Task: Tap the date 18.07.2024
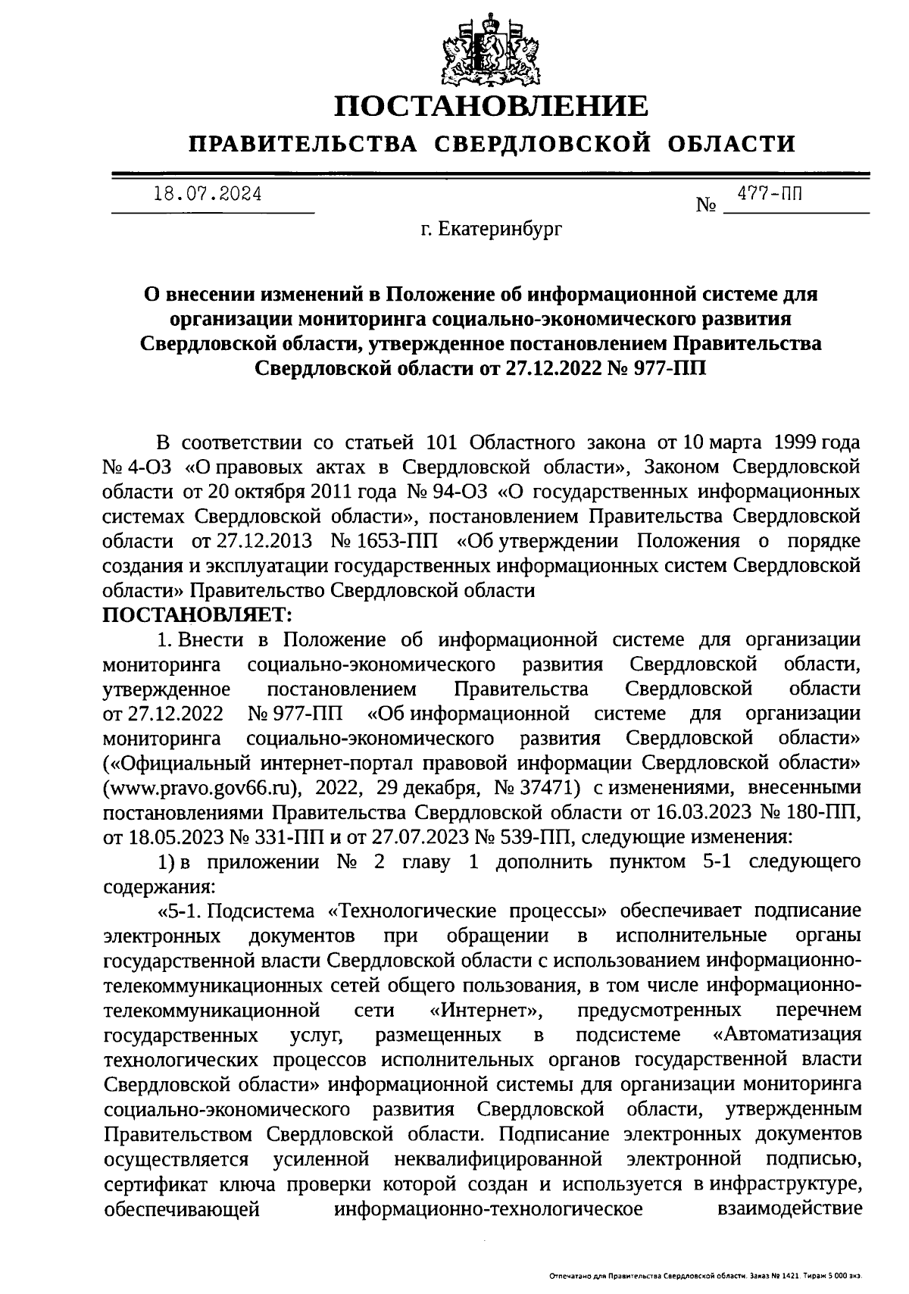tap(207, 194)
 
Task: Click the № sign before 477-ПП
tap(706, 205)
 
